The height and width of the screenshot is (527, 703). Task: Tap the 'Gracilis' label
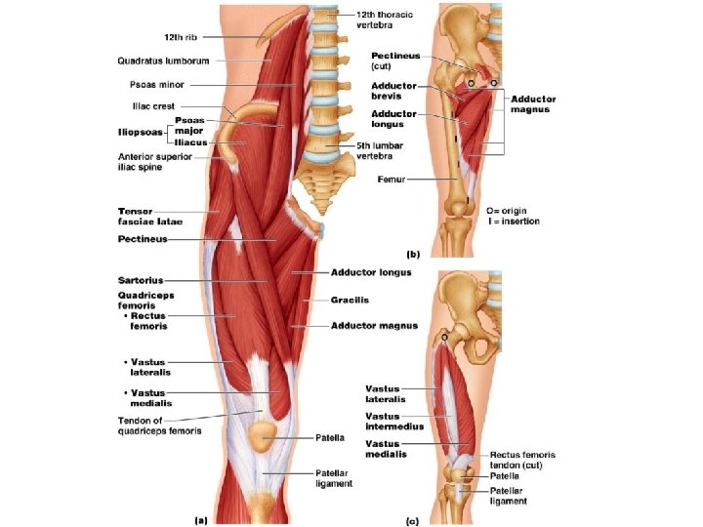[x=350, y=299]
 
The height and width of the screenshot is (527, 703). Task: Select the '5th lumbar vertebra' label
[x=367, y=151]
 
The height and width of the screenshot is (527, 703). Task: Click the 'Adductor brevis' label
[x=393, y=90]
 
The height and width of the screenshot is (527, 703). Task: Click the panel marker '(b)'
[x=413, y=254]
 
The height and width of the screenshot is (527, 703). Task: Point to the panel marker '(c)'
[x=413, y=519]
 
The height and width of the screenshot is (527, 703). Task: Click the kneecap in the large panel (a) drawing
[x=263, y=436]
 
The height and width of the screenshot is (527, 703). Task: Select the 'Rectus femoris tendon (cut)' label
[x=522, y=459]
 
